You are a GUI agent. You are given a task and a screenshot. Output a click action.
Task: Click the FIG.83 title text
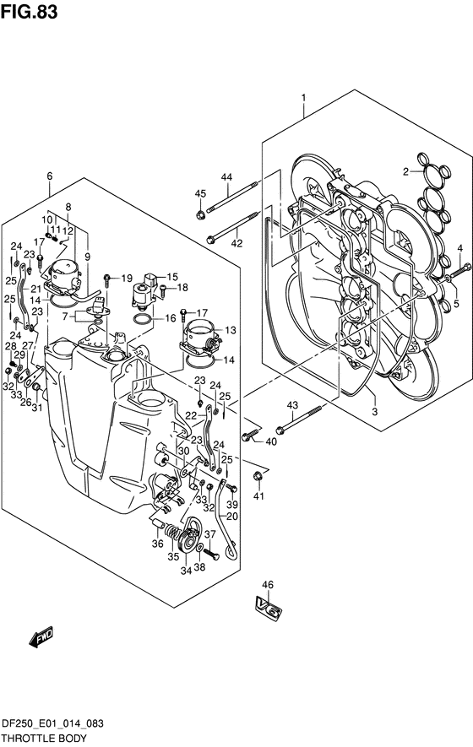(x=29, y=12)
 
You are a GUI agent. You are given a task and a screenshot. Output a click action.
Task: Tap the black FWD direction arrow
(x=42, y=637)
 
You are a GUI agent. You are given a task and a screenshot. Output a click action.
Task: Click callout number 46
(x=268, y=585)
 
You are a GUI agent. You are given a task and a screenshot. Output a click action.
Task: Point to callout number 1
(x=303, y=99)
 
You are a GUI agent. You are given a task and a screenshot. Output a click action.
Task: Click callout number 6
(x=50, y=176)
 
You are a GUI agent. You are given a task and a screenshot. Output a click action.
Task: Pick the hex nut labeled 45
(x=200, y=214)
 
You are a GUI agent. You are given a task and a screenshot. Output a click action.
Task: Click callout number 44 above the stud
(x=226, y=177)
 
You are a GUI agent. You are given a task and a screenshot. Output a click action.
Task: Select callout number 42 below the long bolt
(x=237, y=243)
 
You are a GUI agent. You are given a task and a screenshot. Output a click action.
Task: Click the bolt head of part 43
(x=280, y=428)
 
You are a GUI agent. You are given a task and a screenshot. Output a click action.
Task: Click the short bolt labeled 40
(x=249, y=435)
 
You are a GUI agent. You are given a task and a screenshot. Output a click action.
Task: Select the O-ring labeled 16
(x=143, y=319)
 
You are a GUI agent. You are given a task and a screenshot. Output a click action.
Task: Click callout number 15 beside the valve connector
(x=171, y=277)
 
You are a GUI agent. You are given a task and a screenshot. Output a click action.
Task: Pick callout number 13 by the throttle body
(x=231, y=330)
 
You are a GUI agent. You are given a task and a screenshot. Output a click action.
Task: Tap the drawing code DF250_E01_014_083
(x=52, y=724)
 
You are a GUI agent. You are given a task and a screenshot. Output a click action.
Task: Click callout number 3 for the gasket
(x=374, y=412)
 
